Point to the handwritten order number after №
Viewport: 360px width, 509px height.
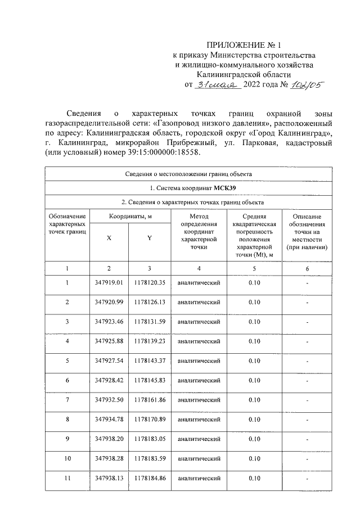pos(307,84)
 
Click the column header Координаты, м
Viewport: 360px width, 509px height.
pos(129,217)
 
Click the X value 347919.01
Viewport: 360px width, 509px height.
pos(109,282)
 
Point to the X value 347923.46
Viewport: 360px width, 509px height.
pos(109,322)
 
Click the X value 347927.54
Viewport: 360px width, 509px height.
pos(109,361)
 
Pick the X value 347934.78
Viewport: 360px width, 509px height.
pos(109,420)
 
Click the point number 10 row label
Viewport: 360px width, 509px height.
pos(67,459)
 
